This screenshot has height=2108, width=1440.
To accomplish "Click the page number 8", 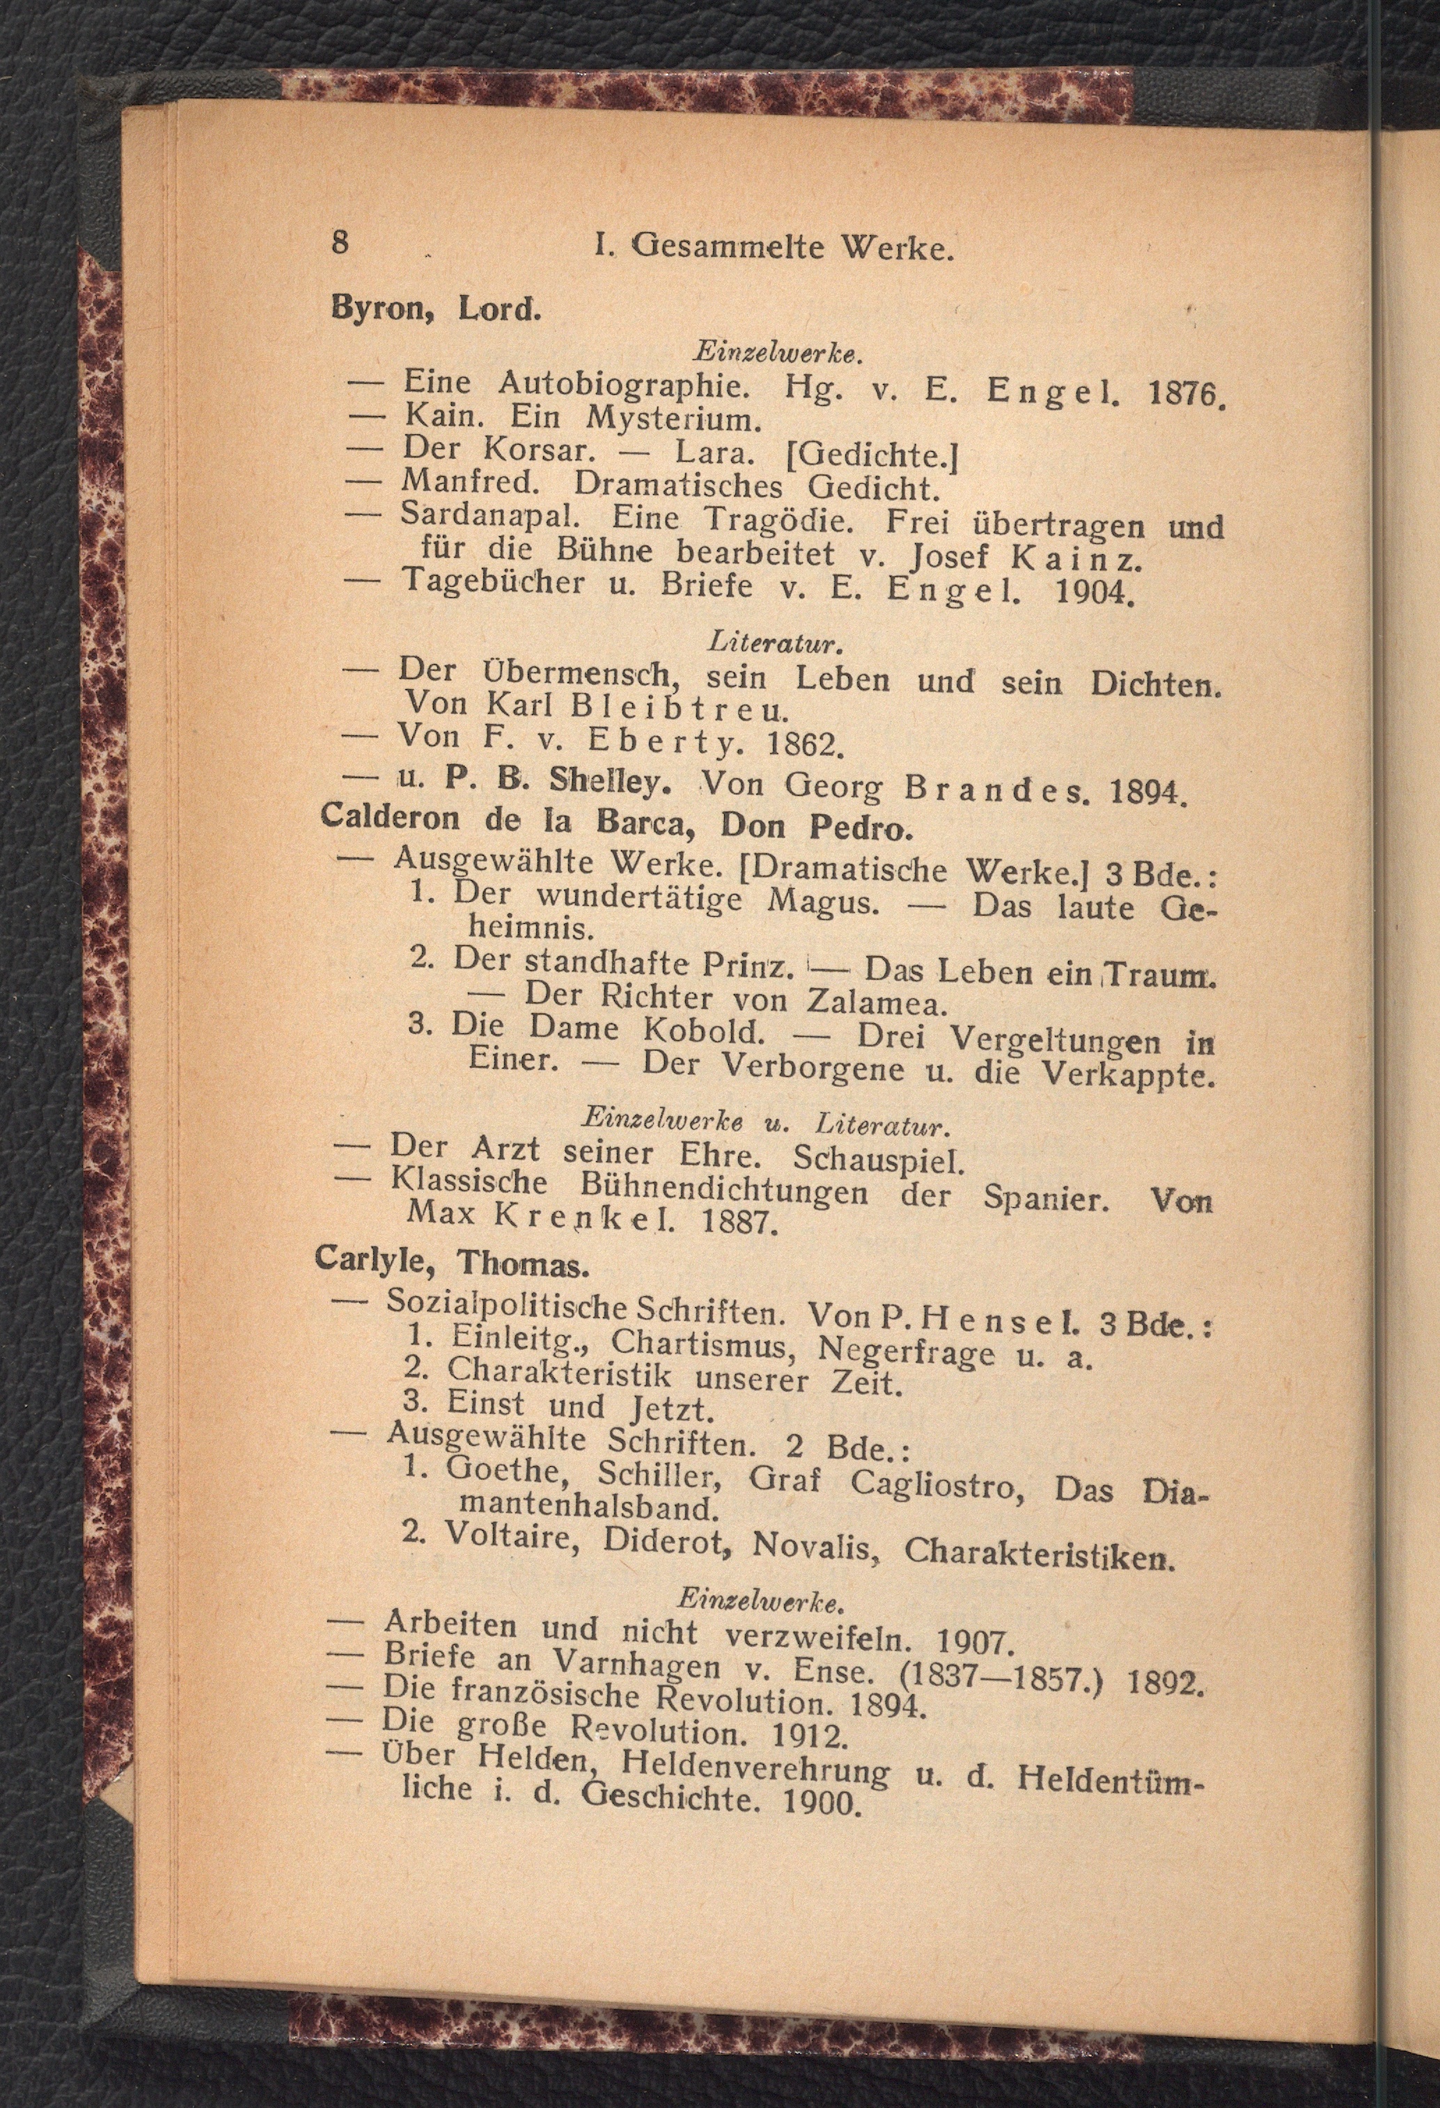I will (341, 242).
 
